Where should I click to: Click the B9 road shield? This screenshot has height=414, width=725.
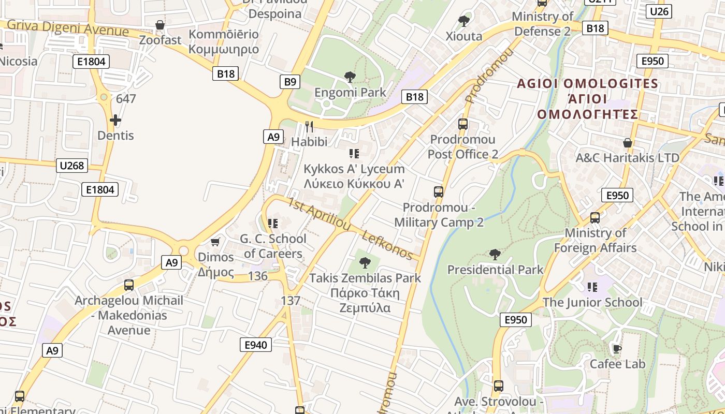pyautogui.click(x=290, y=81)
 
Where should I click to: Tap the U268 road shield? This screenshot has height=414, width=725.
pyautogui.click(x=72, y=166)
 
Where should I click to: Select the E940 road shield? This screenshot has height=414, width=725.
pyautogui.click(x=256, y=345)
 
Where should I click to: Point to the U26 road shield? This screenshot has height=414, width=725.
pyautogui.click(x=659, y=11)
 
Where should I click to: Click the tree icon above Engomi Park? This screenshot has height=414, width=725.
pyautogui.click(x=350, y=78)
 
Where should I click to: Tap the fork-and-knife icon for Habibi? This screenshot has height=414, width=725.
pyautogui.click(x=309, y=127)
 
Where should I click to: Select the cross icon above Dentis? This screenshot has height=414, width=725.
pyautogui.click(x=115, y=121)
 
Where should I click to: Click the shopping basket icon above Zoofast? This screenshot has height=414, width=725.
pyautogui.click(x=160, y=25)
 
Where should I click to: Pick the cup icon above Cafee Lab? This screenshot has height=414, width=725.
pyautogui.click(x=617, y=349)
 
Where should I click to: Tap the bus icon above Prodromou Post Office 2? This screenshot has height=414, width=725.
pyautogui.click(x=463, y=124)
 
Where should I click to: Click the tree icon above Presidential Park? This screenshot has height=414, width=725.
pyautogui.click(x=495, y=255)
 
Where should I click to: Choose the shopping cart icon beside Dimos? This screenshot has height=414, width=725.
pyautogui.click(x=215, y=242)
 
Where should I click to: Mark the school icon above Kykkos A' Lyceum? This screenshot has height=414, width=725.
pyautogui.click(x=354, y=153)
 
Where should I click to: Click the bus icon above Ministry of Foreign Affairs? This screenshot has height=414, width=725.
pyautogui.click(x=595, y=218)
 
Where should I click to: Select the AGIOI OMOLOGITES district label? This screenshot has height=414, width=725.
pyautogui.click(x=588, y=84)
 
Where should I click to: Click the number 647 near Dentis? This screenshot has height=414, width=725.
pyautogui.click(x=126, y=98)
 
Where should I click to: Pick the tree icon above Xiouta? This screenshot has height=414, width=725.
pyautogui.click(x=464, y=21)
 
